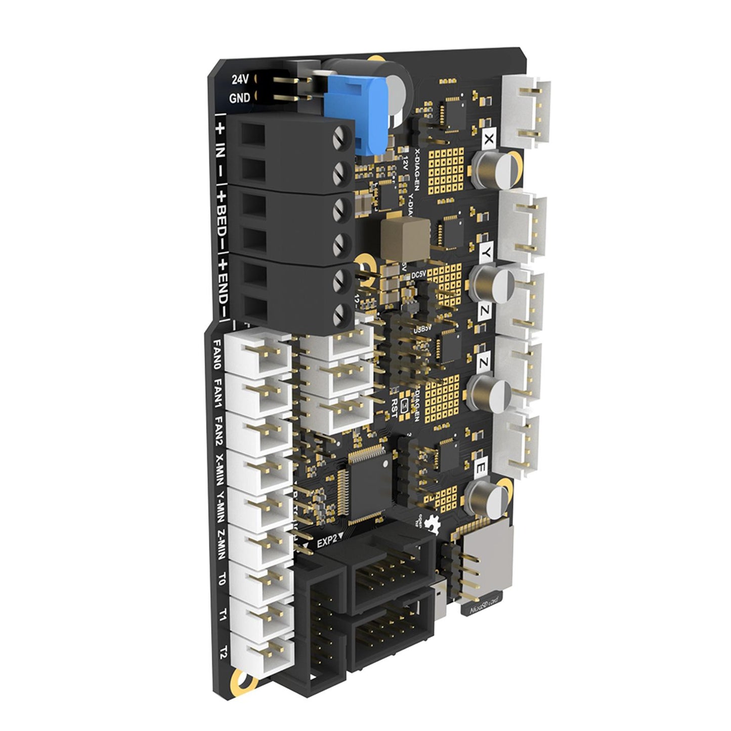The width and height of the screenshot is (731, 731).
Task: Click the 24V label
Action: pyautogui.click(x=241, y=79)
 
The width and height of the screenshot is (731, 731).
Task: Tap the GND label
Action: pyautogui.click(x=240, y=98)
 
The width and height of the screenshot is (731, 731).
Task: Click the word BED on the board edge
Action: pyautogui.click(x=221, y=222)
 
